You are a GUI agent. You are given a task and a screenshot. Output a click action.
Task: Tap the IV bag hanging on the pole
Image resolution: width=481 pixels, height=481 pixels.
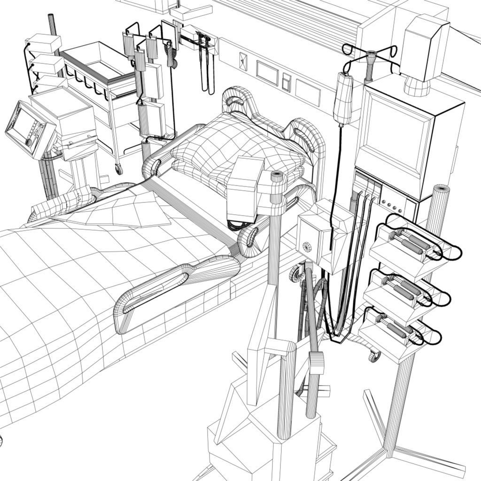coord(345,99)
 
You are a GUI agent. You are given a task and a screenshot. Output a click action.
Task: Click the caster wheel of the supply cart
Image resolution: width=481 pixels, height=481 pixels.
coord(119,168)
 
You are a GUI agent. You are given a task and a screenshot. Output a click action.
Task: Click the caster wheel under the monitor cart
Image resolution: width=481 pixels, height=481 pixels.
coord(374,357)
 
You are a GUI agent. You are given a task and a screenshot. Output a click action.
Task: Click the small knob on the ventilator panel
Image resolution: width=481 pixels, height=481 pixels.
coord(29,141)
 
